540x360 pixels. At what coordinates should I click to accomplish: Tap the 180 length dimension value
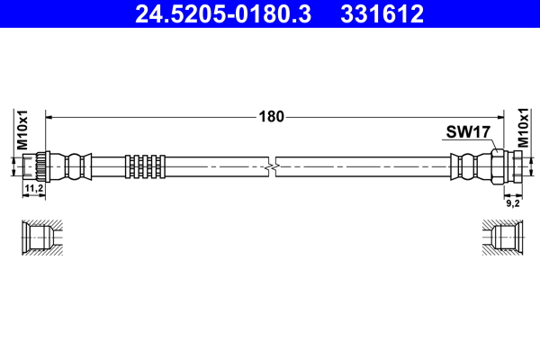click(271, 116)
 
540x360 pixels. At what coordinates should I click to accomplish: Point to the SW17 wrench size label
click(467, 132)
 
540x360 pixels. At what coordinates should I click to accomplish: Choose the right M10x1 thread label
click(524, 130)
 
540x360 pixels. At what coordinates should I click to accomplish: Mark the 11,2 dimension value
click(33, 188)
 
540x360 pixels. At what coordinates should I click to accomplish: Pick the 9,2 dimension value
click(513, 203)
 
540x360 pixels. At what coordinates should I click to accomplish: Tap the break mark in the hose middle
click(272, 166)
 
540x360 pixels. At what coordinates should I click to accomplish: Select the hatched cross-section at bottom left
click(41, 238)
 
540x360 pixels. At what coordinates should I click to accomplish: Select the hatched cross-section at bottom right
click(500, 238)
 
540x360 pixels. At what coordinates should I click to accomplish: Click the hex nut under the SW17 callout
click(499, 166)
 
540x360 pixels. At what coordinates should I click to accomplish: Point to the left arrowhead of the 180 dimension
click(49, 116)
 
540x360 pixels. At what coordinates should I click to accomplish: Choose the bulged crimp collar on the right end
click(469, 166)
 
